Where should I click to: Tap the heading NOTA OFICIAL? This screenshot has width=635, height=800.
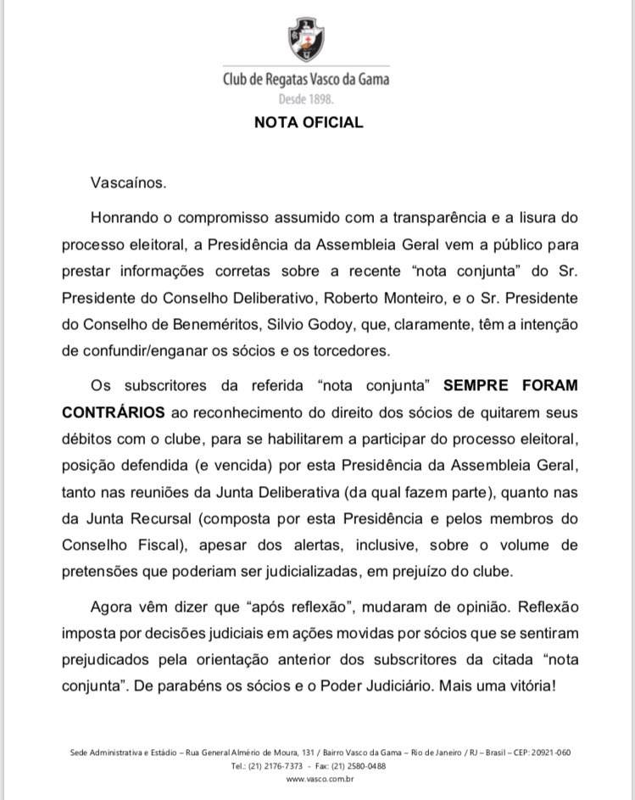(309, 122)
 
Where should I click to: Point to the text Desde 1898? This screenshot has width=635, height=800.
(307, 99)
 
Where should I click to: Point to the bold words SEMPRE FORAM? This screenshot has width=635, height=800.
(510, 385)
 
